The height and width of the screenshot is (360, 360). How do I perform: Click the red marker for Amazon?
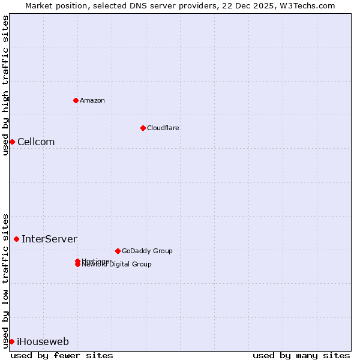(76, 100)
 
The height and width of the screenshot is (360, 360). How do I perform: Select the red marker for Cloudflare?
(143, 128)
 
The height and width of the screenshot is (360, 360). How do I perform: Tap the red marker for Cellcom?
(12, 142)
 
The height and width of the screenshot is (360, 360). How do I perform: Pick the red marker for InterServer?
(16, 239)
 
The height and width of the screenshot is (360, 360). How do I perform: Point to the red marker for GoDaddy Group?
(118, 251)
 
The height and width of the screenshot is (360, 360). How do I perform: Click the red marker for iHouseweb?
(11, 341)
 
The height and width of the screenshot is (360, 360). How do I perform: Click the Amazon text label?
(92, 100)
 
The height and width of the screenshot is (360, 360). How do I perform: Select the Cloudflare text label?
(163, 128)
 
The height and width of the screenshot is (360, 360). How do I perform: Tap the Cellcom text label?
(36, 142)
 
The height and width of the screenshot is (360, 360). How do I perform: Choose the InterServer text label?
(49, 239)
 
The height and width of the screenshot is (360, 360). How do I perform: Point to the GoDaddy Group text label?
(147, 251)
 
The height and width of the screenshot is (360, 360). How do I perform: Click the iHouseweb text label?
(43, 342)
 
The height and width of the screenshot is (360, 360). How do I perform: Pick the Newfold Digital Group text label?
(118, 265)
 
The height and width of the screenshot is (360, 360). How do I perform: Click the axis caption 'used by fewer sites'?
(62, 355)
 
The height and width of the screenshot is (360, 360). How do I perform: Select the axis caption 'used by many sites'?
(301, 355)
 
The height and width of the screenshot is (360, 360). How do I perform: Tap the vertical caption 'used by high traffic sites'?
(6, 86)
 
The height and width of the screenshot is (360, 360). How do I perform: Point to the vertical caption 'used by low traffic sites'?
(6, 280)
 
